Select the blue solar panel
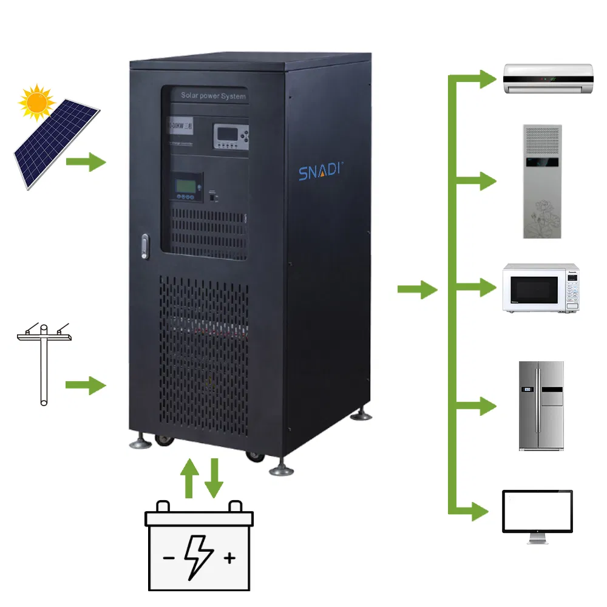pyautogui.click(x=56, y=144)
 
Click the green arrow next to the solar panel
pyautogui.click(x=86, y=162)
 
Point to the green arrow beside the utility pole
pyautogui.click(x=86, y=385)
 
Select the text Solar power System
pyautogui.click(x=213, y=96)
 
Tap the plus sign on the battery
pyautogui.click(x=229, y=558)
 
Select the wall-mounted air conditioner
pyautogui.click(x=548, y=79)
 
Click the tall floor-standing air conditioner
pyautogui.click(x=543, y=181)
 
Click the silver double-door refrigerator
pyautogui.click(x=541, y=405)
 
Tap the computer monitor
pyautogui.click(x=537, y=517)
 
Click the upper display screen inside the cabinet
pyautogui.click(x=230, y=136)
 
